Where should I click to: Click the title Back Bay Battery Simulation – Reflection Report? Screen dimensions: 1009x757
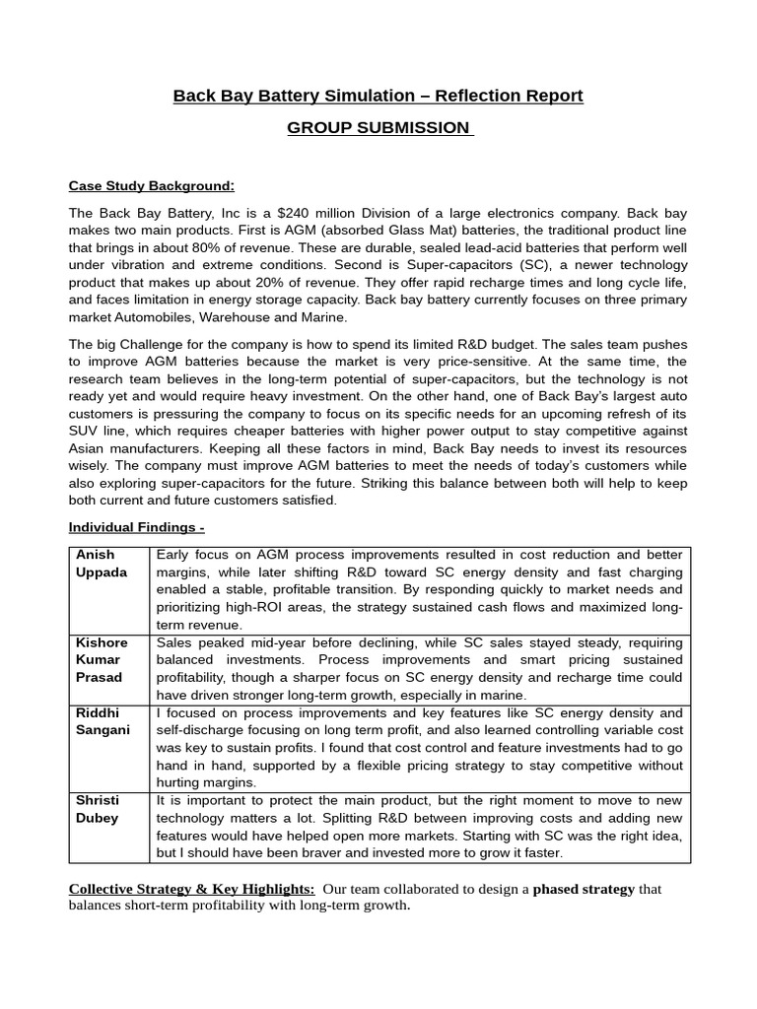[378, 96]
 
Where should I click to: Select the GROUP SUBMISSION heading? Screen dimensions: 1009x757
[378, 128]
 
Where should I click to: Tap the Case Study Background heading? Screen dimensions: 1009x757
[151, 186]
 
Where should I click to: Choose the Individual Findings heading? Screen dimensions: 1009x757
[136, 527]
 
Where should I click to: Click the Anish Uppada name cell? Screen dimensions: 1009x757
[102, 565]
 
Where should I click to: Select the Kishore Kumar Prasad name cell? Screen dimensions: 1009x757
[102, 660]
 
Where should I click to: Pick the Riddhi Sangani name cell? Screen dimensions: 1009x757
[102, 721]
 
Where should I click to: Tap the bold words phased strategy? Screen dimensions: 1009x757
[584, 889]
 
